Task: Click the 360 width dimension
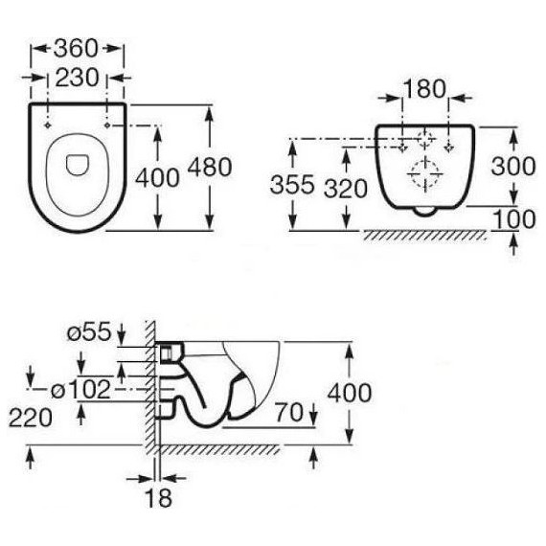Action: point(76,48)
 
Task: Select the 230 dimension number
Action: point(77,78)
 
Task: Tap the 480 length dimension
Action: point(210,167)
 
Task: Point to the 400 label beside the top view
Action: point(157,177)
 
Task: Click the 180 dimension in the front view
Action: point(424,89)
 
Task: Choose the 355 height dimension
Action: point(292,185)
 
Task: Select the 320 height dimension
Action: point(346,189)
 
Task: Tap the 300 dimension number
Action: point(513,166)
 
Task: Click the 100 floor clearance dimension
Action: point(514,219)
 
